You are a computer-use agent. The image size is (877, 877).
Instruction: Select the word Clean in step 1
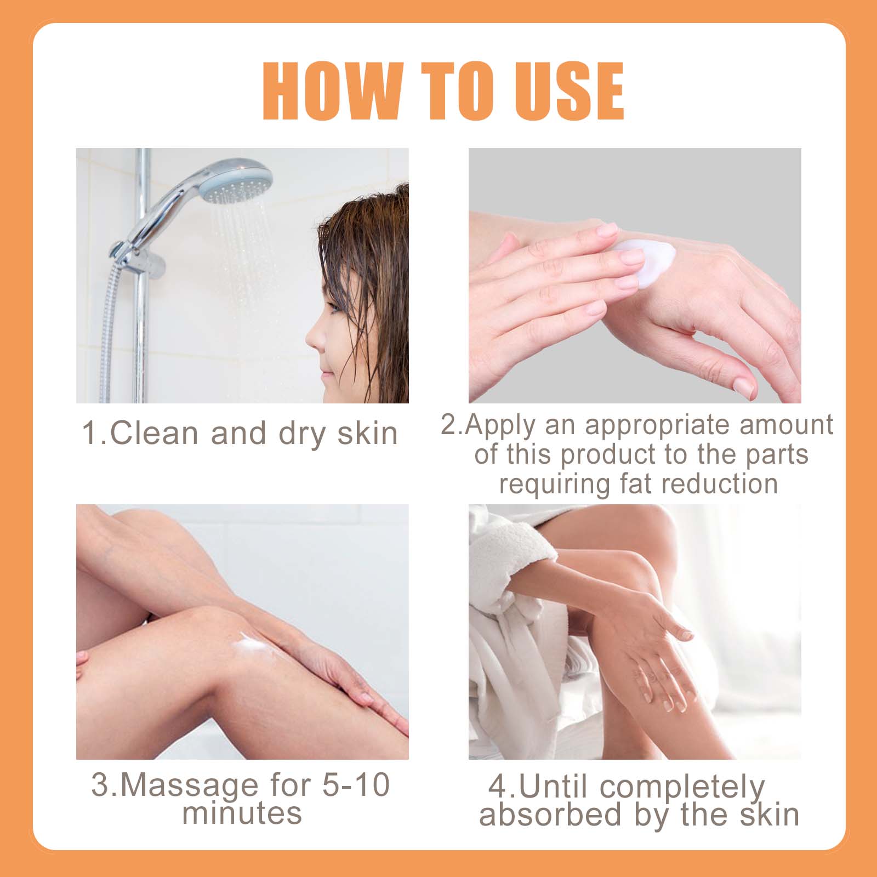point(154,433)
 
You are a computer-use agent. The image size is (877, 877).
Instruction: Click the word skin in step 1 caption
point(367,433)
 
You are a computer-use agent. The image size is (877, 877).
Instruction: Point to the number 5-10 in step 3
point(356,784)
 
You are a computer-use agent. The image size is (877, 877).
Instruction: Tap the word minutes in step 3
point(242,812)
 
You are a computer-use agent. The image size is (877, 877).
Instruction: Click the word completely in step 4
point(682,788)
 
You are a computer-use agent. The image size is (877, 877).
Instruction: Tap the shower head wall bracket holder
point(137,258)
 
